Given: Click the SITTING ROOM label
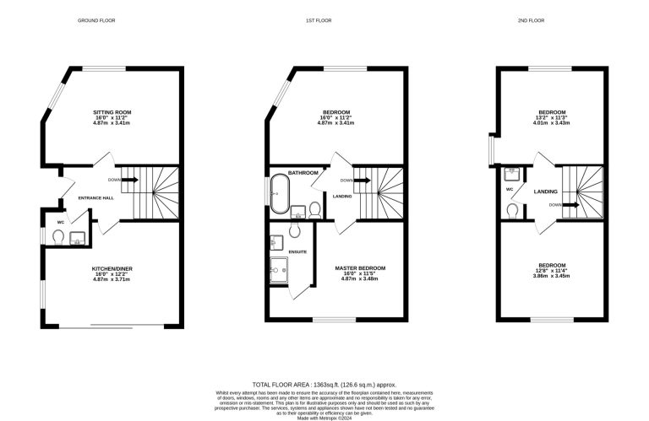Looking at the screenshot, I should [x=112, y=111].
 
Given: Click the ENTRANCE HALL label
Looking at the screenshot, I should [x=95, y=198].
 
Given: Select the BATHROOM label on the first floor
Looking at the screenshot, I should [x=303, y=173].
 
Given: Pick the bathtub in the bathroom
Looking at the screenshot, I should [x=279, y=194].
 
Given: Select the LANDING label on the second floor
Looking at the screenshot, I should [x=545, y=192].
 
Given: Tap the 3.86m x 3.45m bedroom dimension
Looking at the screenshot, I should [x=551, y=276].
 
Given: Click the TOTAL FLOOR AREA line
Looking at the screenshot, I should [x=324, y=385].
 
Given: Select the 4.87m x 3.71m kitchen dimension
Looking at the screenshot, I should [x=112, y=279].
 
